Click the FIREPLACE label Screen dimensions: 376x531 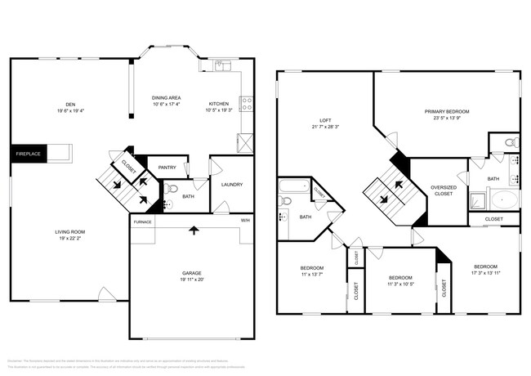29,153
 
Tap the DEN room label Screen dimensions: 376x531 71,105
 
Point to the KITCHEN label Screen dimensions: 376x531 218,104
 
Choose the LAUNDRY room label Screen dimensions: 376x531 232,184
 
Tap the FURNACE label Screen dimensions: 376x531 143,221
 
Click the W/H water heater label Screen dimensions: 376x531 245,221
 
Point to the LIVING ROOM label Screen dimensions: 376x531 70,232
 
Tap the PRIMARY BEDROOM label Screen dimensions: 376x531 447,111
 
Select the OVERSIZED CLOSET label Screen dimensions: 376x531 443,190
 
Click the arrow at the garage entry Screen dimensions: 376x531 193,230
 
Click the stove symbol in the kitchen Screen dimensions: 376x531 245,104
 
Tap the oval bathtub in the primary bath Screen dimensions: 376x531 502,200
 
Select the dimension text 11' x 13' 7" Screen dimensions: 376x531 311,274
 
